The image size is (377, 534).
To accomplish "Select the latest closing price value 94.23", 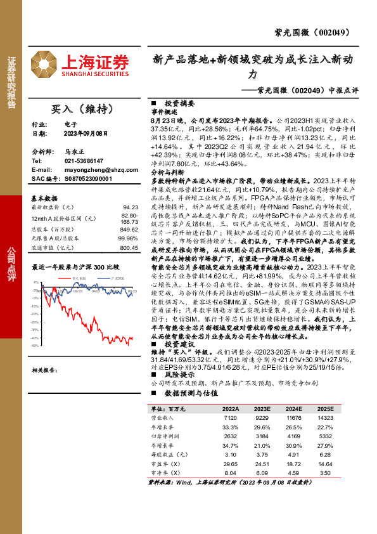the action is (x=131, y=207).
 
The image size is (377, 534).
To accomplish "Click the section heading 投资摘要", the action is (x=175, y=101).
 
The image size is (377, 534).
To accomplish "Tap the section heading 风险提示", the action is (x=175, y=374).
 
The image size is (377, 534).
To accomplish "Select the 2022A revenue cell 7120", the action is (x=231, y=419).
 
